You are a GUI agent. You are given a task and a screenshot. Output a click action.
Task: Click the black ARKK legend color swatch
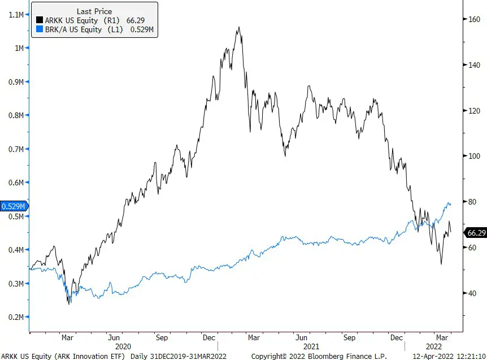(40, 20)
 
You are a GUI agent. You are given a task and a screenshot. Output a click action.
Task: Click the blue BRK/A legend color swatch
(40, 29)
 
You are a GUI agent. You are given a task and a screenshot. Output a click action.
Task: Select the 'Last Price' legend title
(94, 11)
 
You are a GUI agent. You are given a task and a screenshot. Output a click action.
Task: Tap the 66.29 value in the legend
(136, 20)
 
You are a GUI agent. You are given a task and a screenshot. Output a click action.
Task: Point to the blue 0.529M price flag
(14, 206)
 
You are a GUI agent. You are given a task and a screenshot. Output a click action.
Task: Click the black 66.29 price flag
(475, 233)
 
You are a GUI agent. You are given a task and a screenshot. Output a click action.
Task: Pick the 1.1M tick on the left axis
(16, 15)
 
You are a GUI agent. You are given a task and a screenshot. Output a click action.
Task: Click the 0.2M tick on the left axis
(16, 317)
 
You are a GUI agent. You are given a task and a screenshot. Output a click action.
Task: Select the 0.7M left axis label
(16, 149)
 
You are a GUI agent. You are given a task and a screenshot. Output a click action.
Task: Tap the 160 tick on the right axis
(474, 19)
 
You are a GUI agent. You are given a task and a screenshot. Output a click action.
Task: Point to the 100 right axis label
(474, 156)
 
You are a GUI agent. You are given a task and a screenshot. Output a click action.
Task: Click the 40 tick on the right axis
(472, 293)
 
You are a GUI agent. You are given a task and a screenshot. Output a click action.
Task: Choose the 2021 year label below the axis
(311, 346)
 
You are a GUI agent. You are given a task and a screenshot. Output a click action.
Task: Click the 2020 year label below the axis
(123, 346)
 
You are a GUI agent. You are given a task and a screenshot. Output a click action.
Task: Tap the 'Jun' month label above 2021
(301, 337)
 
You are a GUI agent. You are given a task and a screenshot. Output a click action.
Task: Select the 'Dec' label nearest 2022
(396, 337)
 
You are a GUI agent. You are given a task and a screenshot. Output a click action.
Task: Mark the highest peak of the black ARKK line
(239, 27)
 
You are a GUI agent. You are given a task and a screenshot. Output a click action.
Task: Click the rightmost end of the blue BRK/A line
(451, 205)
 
